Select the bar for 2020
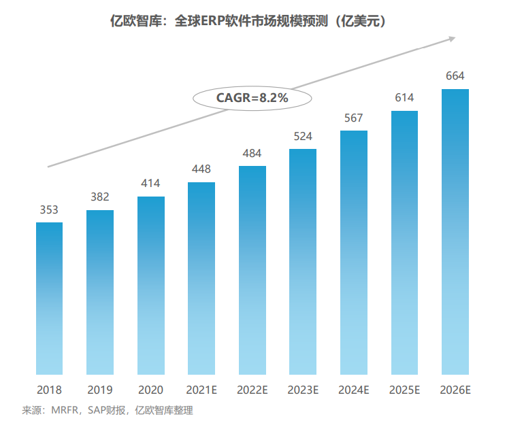pos(150,285)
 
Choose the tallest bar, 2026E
pos(455,231)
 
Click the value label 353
pos(49,209)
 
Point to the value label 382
pos(100,197)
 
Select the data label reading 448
pos(201,169)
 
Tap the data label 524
pos(303,136)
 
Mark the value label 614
pos(404,98)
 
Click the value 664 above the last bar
pos(455,75)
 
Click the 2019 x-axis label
pos(100,390)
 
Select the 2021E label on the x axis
pos(201,390)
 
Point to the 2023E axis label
pos(303,390)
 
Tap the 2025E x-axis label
pos(404,390)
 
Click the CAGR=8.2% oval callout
pos(252,98)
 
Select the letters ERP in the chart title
pos(208,21)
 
